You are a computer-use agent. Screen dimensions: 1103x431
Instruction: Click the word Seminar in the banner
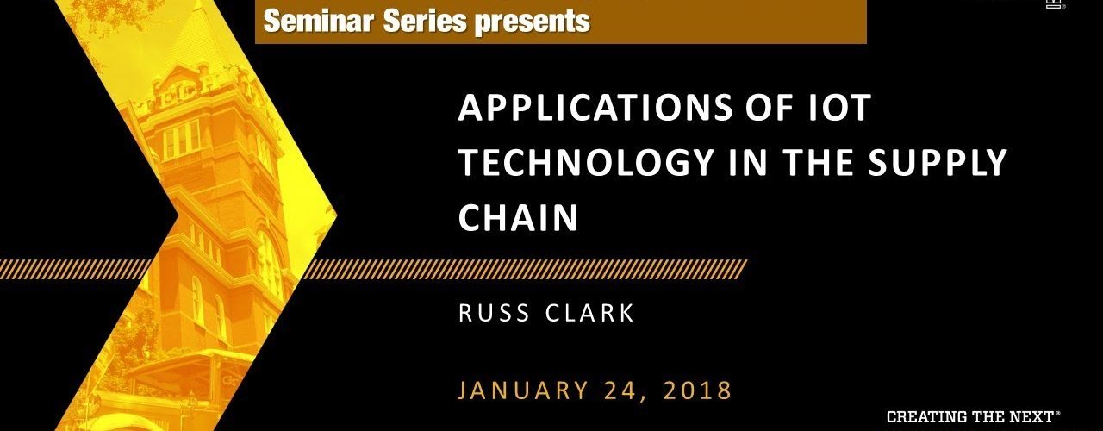[319, 21]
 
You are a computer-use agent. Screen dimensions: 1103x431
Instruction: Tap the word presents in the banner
[532, 22]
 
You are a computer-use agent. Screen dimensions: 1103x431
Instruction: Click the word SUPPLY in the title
[937, 162]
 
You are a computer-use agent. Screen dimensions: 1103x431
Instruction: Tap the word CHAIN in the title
[518, 217]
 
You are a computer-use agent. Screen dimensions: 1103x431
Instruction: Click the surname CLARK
[589, 313]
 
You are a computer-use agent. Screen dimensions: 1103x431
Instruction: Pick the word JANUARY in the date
[523, 390]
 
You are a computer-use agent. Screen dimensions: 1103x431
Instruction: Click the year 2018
[697, 390]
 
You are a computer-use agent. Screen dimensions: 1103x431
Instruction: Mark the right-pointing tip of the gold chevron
[337, 215]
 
